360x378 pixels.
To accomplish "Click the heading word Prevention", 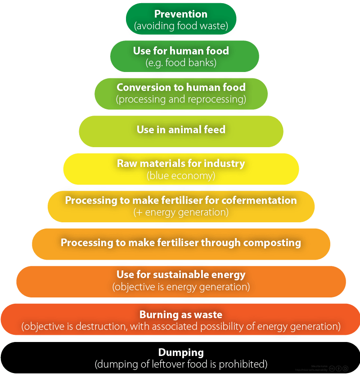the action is point(181,13).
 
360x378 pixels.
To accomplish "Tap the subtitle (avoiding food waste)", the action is point(181,26).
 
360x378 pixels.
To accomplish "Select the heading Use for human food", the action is point(181,51).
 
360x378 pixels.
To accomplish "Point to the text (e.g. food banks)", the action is point(181,63).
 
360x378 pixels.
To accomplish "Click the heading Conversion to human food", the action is point(181,87).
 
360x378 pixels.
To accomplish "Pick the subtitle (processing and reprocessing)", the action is point(181,99).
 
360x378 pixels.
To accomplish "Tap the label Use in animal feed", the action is point(181,130).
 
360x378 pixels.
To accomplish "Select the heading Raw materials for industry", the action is point(181,163).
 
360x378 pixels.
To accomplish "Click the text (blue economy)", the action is point(181,175).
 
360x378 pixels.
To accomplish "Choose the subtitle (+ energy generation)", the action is point(181,212).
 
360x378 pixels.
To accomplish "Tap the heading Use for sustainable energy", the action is point(181,274).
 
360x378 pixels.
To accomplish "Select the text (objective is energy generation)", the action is point(181,286).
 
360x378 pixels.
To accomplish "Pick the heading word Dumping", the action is point(181,352).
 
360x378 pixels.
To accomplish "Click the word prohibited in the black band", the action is point(246,363).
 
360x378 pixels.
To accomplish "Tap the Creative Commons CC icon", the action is point(332,369).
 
